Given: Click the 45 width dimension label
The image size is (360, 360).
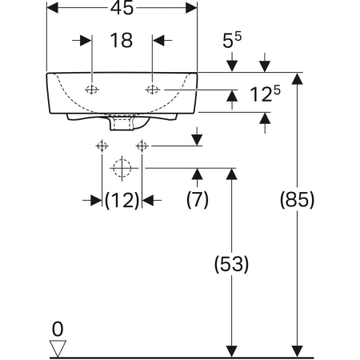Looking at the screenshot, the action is click(x=122, y=8).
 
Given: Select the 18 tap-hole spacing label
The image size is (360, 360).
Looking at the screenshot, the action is click(x=122, y=40).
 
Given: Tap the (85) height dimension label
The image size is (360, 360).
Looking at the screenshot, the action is click(x=297, y=199).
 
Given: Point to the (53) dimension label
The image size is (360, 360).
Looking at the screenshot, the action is click(x=231, y=264).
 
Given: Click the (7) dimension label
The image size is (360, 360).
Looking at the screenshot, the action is click(x=198, y=199).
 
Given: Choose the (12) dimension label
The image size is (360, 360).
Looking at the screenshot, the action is click(x=122, y=200).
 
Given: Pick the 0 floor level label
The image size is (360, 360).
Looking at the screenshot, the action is click(x=58, y=329).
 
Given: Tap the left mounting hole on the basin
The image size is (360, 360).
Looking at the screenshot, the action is click(x=92, y=90).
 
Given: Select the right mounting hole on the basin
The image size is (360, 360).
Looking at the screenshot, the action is click(x=153, y=90).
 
